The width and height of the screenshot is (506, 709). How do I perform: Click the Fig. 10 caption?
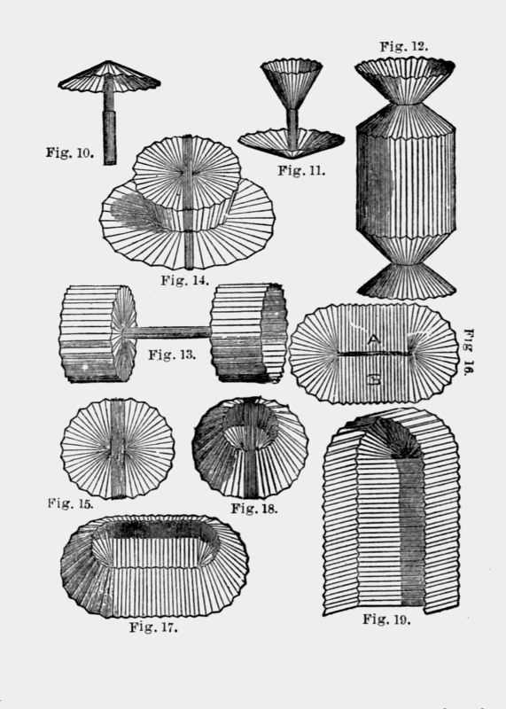point(70,152)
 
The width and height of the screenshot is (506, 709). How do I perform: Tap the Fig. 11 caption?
point(301,170)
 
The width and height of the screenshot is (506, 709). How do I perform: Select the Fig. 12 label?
point(404,46)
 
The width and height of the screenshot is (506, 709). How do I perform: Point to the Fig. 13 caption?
point(172,354)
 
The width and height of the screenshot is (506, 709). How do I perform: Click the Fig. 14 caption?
point(185,280)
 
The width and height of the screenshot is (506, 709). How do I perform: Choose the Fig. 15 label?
point(71,503)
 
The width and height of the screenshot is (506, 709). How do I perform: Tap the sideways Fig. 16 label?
point(469,352)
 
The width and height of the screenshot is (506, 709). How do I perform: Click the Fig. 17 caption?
point(153,627)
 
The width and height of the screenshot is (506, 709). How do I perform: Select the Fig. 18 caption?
point(254,509)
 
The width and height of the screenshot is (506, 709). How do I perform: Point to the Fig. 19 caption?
point(386,619)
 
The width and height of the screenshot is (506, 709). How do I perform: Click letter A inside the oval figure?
point(373,339)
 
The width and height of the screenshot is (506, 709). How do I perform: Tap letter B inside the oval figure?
point(374,380)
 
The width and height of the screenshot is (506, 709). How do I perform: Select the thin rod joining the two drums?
point(167,332)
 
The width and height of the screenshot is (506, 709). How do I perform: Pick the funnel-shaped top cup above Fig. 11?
point(292,83)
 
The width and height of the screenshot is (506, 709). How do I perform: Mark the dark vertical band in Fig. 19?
point(412,529)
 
